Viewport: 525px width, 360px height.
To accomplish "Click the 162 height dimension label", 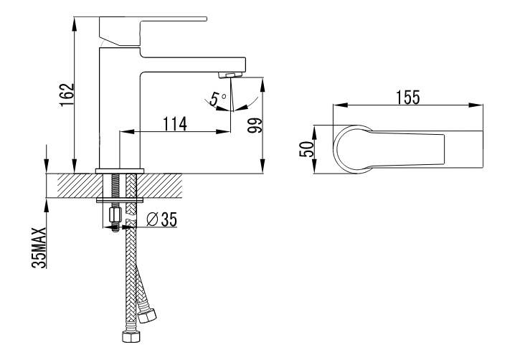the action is pos(67,95).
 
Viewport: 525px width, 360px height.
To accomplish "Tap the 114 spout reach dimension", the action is pos(175,124).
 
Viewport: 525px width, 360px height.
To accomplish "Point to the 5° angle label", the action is pos(217,99).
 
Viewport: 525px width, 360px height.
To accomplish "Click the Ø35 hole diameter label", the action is pos(162,219).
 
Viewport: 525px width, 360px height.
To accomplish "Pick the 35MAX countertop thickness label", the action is pos(39,247).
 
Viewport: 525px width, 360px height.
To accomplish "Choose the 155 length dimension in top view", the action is pos(408,98).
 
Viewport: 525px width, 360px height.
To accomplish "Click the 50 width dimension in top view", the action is pos(307,149).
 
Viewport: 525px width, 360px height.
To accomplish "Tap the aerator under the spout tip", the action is pos(230,75).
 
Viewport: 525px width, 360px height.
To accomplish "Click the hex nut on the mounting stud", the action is pos(115,214).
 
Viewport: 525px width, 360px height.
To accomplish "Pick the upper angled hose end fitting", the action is pos(147,316).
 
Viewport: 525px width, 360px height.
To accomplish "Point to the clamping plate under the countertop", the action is pos(120,200).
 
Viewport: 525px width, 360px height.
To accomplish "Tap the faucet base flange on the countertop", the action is pos(120,171).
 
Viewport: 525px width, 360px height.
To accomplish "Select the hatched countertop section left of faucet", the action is pos(80,186).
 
